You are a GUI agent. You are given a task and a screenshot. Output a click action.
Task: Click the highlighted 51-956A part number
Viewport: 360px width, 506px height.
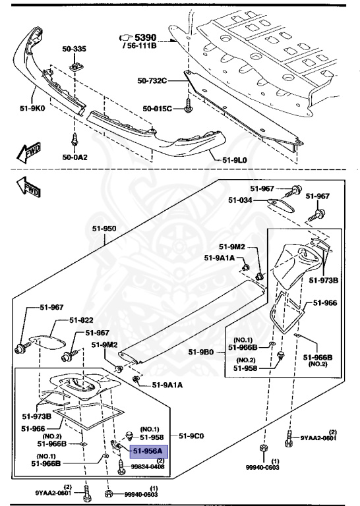tap(150, 451)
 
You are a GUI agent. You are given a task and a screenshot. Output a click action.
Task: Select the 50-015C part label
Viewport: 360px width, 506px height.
tap(158, 108)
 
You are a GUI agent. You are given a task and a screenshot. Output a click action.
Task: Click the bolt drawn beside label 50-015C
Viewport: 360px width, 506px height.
tap(189, 105)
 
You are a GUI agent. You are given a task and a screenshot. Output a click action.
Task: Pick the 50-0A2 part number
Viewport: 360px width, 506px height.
tap(74, 157)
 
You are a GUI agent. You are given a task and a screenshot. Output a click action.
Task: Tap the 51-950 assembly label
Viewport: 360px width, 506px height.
tap(104, 228)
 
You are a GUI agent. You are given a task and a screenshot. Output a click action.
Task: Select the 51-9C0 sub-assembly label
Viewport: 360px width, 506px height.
tap(193, 436)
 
